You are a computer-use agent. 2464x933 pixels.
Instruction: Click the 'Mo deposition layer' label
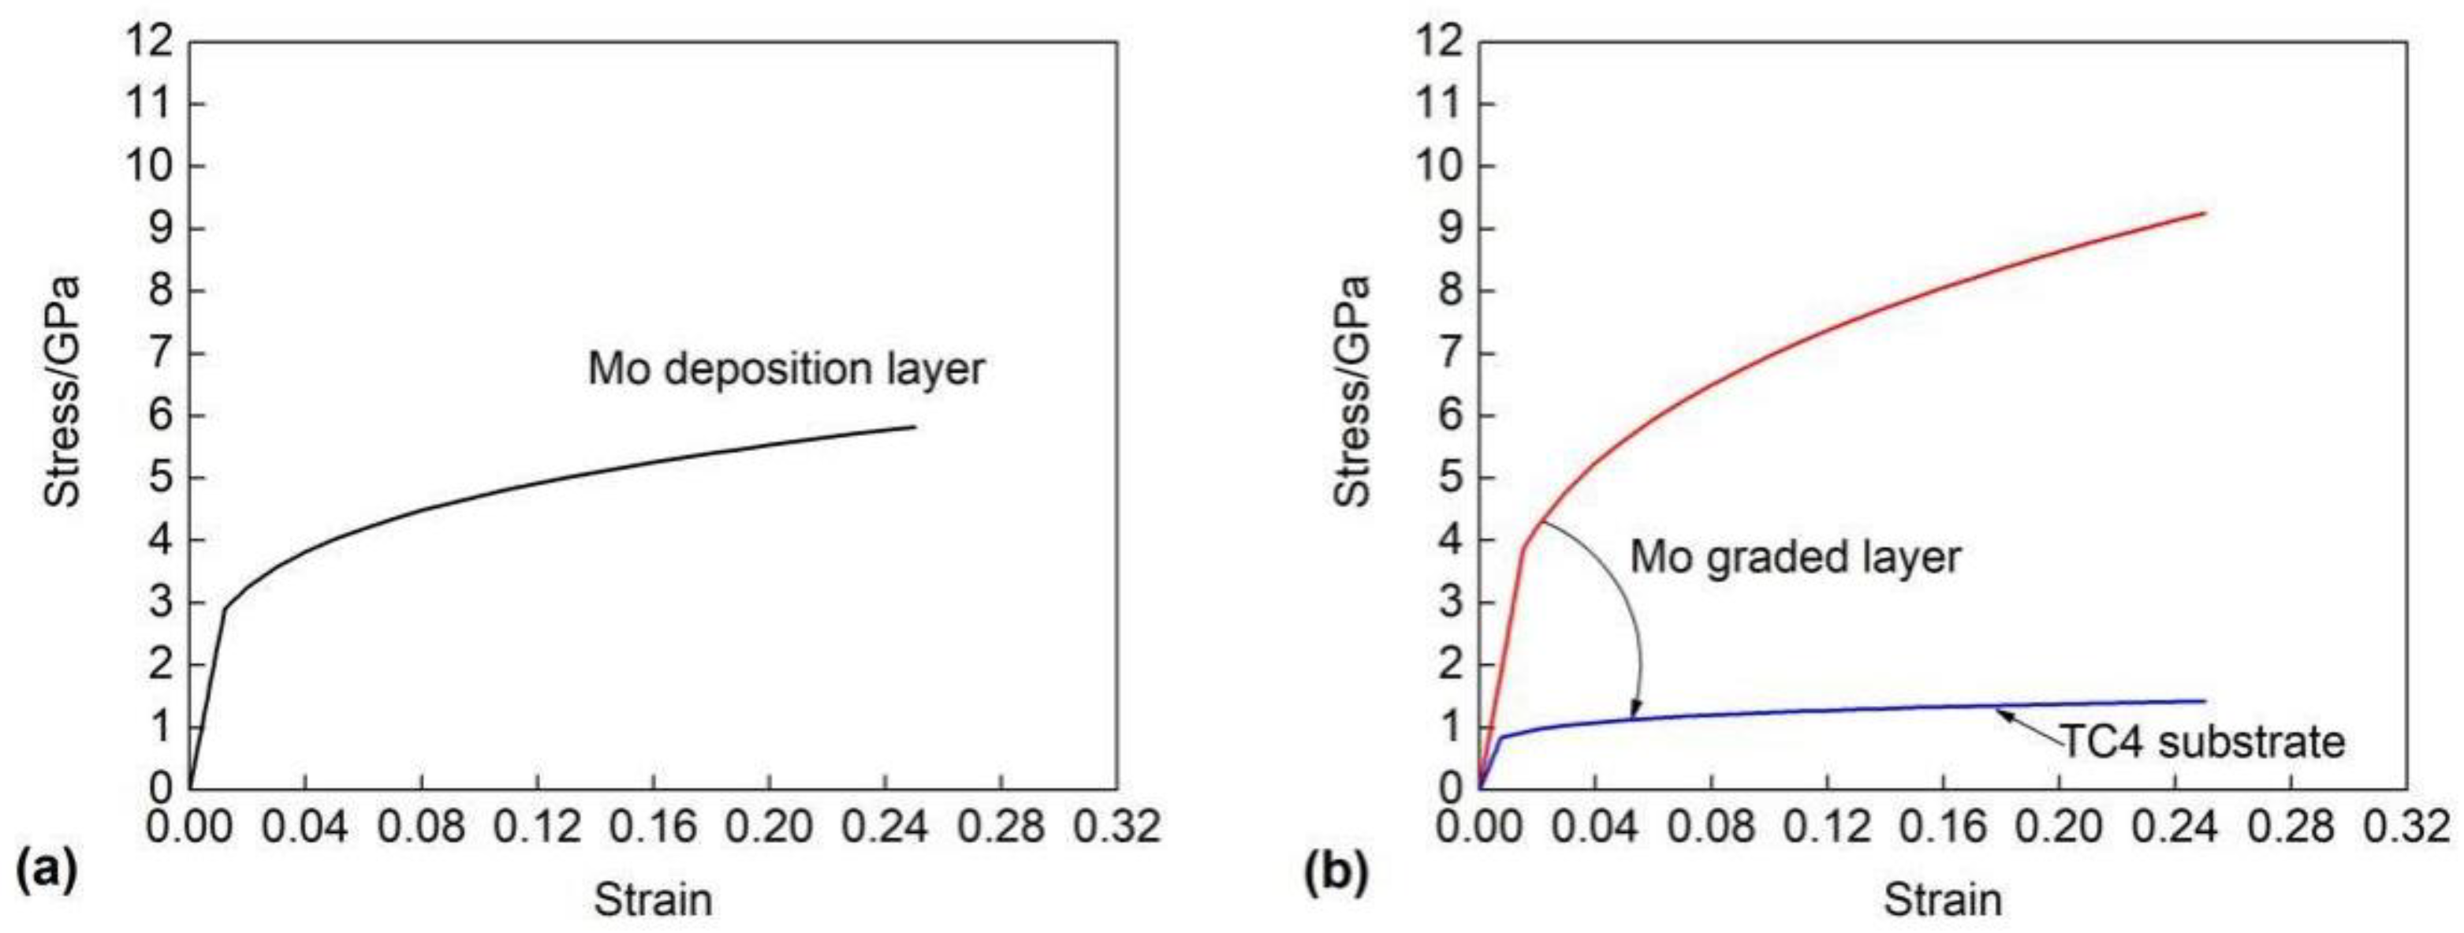786,369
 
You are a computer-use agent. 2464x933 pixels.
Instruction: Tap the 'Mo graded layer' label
1795,556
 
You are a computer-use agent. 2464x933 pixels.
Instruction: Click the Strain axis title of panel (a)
654,901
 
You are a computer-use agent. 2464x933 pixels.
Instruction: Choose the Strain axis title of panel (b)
1943,901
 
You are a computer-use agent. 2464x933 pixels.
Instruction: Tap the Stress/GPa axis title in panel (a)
63,391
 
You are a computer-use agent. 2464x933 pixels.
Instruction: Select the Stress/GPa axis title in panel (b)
1352,391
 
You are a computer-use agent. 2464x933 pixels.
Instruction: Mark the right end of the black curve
915,427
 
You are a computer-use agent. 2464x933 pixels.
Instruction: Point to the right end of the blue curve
2205,701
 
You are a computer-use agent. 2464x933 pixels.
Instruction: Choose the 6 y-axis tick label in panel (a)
162,416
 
